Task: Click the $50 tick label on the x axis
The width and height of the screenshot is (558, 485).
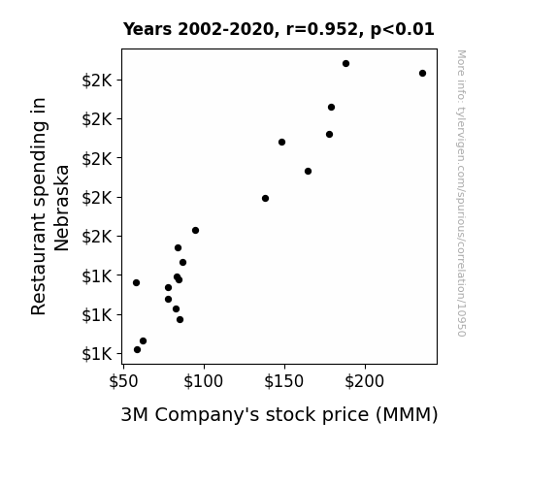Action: (123, 381)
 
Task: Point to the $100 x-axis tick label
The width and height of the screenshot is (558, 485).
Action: (203, 381)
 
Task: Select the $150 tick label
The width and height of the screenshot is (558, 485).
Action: (284, 381)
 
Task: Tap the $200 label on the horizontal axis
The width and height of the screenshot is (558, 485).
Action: (365, 381)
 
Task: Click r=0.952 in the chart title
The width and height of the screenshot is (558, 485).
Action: (322, 29)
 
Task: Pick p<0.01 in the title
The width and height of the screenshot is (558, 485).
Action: (403, 30)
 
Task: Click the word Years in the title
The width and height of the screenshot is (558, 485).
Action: (148, 29)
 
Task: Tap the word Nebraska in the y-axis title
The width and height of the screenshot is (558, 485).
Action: (61, 208)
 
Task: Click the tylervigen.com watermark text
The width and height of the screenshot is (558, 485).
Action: (461, 193)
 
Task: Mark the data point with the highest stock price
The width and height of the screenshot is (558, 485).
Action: (422, 74)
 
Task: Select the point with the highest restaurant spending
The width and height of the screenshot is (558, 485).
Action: (345, 64)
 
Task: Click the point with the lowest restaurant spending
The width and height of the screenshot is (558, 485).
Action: (138, 350)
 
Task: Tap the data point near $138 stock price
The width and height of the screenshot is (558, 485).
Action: (265, 199)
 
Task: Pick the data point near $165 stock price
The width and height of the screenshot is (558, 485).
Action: (309, 172)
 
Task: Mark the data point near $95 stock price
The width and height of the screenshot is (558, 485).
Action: (195, 231)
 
